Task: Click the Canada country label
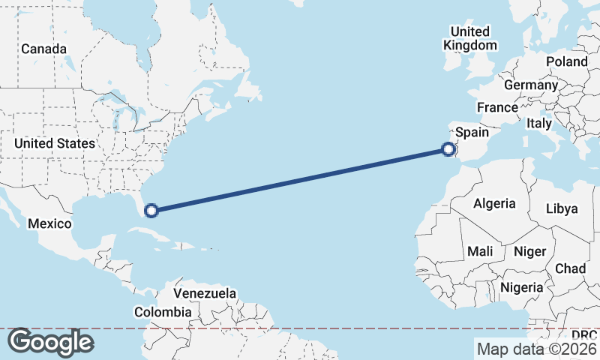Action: pos(43,49)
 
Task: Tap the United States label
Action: pos(55,143)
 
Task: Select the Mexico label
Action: pos(49,223)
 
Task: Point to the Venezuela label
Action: pos(205,293)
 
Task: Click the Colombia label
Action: pos(163,312)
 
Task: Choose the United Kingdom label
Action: pos(470,38)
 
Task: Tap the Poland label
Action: pos(567,61)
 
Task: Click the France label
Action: pos(497,107)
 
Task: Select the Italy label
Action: pos(539,123)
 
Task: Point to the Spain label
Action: pos(472,133)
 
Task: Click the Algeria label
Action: pos(494,203)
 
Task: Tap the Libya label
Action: pos(562,208)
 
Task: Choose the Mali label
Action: pos(479,252)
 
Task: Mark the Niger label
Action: pos(530,252)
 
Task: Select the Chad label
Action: pos(570,268)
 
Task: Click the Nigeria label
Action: pos(521,287)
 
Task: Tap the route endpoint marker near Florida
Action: pos(151,211)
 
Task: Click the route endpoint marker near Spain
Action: pos(448,149)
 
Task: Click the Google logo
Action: pos(50,342)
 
